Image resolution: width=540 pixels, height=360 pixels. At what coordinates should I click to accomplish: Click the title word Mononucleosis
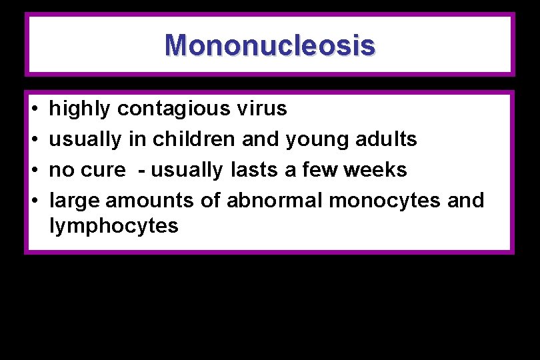pos(270,45)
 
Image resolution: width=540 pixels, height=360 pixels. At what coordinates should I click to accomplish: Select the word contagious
pos(176,109)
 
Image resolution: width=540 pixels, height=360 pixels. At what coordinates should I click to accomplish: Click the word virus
pos(264,109)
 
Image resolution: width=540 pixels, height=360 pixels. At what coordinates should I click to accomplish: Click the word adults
pos(385,139)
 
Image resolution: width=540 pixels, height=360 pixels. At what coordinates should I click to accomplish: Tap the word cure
pos(103,170)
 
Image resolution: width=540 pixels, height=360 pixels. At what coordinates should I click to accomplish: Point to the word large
pos(75,201)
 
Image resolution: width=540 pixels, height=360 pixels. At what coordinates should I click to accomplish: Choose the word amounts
pos(155,201)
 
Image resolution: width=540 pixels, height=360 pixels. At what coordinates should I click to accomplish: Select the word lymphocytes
pos(114,227)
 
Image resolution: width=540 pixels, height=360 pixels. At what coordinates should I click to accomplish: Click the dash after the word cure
pos(142,171)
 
